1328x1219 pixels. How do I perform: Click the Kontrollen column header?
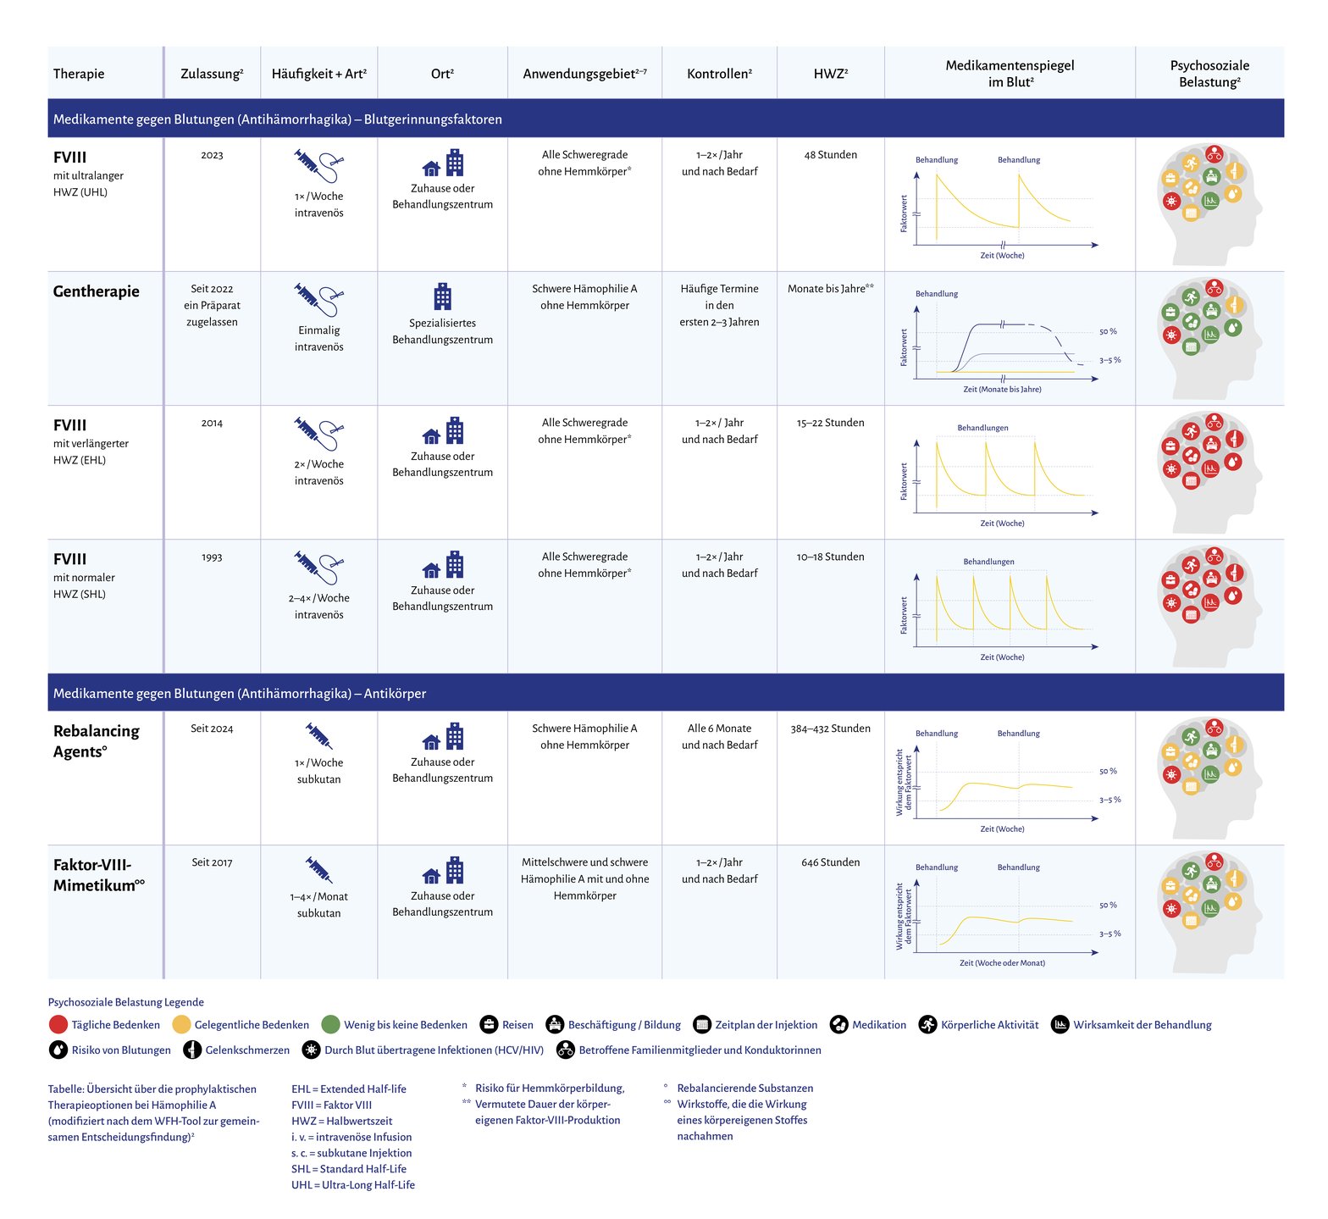coord(719,74)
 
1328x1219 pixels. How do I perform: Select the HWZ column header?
coord(831,74)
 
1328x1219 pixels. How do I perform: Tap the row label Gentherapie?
coord(97,291)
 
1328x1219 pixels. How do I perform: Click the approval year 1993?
coord(212,557)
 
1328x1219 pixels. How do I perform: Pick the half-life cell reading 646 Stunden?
coord(831,862)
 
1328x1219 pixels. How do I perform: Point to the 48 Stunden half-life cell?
coord(831,155)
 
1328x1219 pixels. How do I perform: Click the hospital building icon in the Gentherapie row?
coord(442,296)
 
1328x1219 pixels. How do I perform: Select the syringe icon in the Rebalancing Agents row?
coord(318,736)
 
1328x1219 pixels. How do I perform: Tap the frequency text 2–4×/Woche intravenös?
coord(319,607)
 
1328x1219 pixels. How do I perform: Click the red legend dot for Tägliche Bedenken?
coord(58,1025)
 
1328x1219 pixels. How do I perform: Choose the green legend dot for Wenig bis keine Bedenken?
coord(330,1025)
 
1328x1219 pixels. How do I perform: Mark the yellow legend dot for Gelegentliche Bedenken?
coord(181,1025)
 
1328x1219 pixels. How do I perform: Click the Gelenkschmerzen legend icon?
coord(192,1050)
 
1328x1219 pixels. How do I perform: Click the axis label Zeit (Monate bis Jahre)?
coord(1002,390)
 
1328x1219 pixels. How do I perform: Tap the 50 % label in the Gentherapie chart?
coord(1108,332)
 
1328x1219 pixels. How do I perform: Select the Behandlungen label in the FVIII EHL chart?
coord(982,428)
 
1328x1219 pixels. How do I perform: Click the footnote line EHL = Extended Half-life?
coord(349,1089)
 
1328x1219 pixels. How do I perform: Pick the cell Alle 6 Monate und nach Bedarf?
coord(719,737)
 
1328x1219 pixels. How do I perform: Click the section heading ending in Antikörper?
coord(240,694)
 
